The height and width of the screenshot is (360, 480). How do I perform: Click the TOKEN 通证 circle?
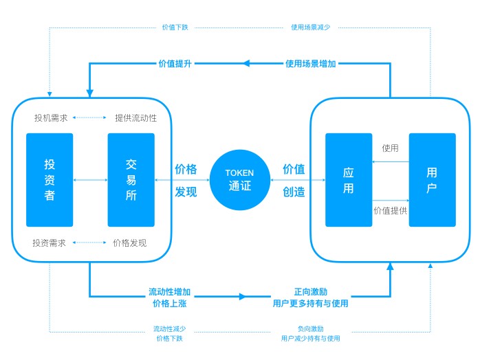[x=240, y=180]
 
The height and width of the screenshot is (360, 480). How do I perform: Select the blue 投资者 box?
[x=50, y=180]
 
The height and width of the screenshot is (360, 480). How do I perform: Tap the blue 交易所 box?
[x=131, y=180]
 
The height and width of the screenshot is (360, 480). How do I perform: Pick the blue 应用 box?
[x=349, y=180]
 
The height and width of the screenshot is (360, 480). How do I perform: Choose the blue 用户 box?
[x=432, y=180]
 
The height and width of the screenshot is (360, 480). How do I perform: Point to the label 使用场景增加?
[x=311, y=64]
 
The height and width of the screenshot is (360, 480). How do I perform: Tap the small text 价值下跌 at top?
[x=175, y=27]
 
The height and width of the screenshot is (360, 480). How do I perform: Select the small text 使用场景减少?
[x=310, y=27]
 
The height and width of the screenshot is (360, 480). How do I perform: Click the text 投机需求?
[x=51, y=117]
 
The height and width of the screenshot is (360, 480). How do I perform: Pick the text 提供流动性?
[x=135, y=117]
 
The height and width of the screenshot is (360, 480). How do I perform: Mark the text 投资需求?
[x=50, y=243]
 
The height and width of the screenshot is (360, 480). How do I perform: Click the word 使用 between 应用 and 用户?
[x=390, y=148]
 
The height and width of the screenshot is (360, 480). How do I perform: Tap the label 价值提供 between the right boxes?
[x=390, y=210]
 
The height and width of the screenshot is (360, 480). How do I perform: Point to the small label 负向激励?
[x=310, y=328]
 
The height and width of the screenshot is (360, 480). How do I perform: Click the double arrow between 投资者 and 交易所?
[x=90, y=180]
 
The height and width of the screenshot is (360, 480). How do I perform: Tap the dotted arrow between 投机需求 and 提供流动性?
[x=89, y=117]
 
